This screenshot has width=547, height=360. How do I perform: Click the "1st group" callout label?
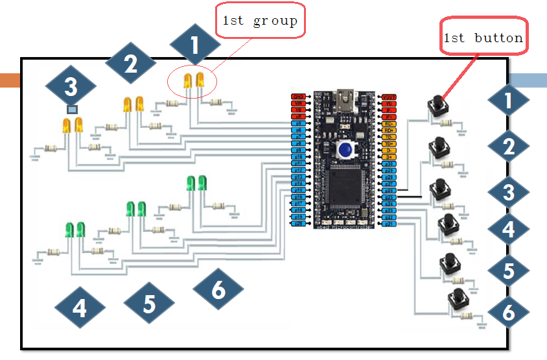coord(260,21)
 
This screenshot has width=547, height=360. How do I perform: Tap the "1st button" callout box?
coord(483,38)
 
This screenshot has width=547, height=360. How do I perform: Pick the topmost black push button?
coord(439,105)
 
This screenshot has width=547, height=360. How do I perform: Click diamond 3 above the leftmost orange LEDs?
coord(71,86)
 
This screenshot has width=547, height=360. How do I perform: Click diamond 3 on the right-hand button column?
coord(509,192)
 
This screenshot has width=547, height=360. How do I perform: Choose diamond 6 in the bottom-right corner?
coord(509,312)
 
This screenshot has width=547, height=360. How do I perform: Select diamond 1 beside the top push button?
coord(509,101)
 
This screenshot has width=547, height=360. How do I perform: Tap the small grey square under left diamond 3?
coord(72,110)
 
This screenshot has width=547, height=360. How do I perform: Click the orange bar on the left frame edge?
coord(10,80)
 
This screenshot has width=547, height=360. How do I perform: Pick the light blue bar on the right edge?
coord(528,80)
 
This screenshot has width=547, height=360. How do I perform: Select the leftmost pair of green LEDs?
coord(75,230)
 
